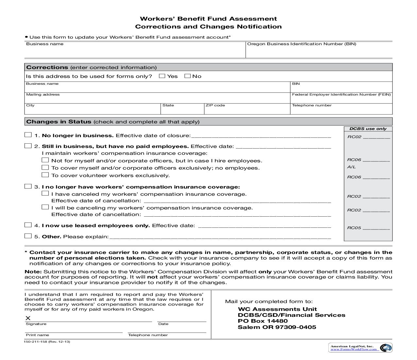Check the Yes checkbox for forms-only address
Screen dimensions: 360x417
(x=162, y=76)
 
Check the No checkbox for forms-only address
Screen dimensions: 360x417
(x=187, y=76)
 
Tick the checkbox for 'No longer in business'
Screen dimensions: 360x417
(x=28, y=135)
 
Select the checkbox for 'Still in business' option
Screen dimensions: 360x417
(x=28, y=146)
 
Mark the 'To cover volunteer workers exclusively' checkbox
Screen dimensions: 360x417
(x=45, y=175)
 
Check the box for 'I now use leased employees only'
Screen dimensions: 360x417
(x=28, y=225)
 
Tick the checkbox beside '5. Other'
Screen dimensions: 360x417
(x=28, y=236)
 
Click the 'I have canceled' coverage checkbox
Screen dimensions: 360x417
(x=45, y=193)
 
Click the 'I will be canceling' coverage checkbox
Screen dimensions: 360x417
(x=45, y=207)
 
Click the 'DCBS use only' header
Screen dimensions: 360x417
(x=368, y=129)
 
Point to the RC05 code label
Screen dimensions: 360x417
(x=354, y=228)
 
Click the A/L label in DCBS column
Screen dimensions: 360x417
(x=351, y=167)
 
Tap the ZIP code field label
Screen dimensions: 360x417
(x=215, y=105)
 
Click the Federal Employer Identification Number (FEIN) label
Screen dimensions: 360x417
(x=341, y=95)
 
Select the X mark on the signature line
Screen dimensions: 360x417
(x=28, y=318)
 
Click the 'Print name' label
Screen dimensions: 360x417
(x=37, y=335)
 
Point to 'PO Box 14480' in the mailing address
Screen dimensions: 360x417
(x=263, y=321)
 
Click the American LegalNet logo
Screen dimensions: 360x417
(x=360, y=348)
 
